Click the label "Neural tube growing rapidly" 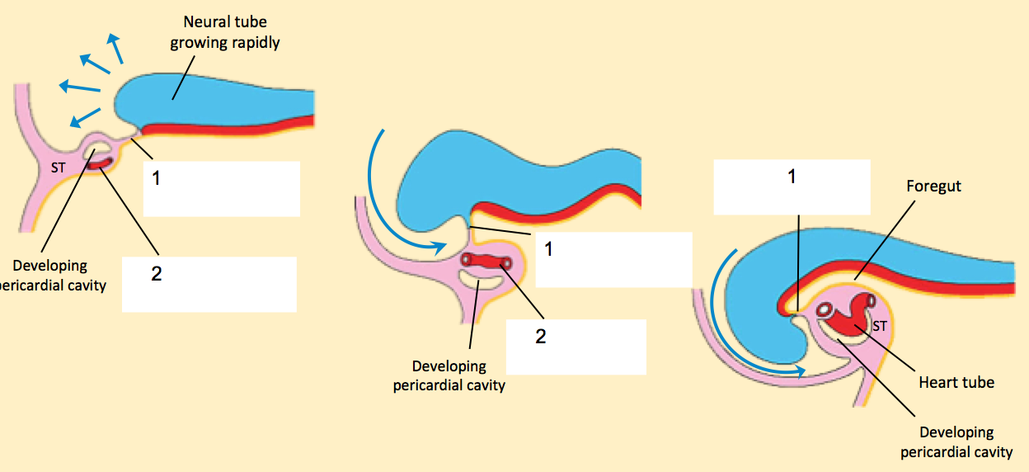tap(225, 31)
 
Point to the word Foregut tap(934, 186)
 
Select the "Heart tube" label tap(956, 382)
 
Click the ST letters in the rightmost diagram tap(880, 326)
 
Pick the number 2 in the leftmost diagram tap(157, 275)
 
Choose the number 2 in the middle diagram tap(541, 337)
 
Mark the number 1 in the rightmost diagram tap(792, 177)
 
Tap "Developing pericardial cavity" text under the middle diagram tap(449, 375)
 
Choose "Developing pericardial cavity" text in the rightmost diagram tap(956, 441)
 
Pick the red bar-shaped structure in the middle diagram tap(487, 262)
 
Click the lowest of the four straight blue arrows tap(85, 117)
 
